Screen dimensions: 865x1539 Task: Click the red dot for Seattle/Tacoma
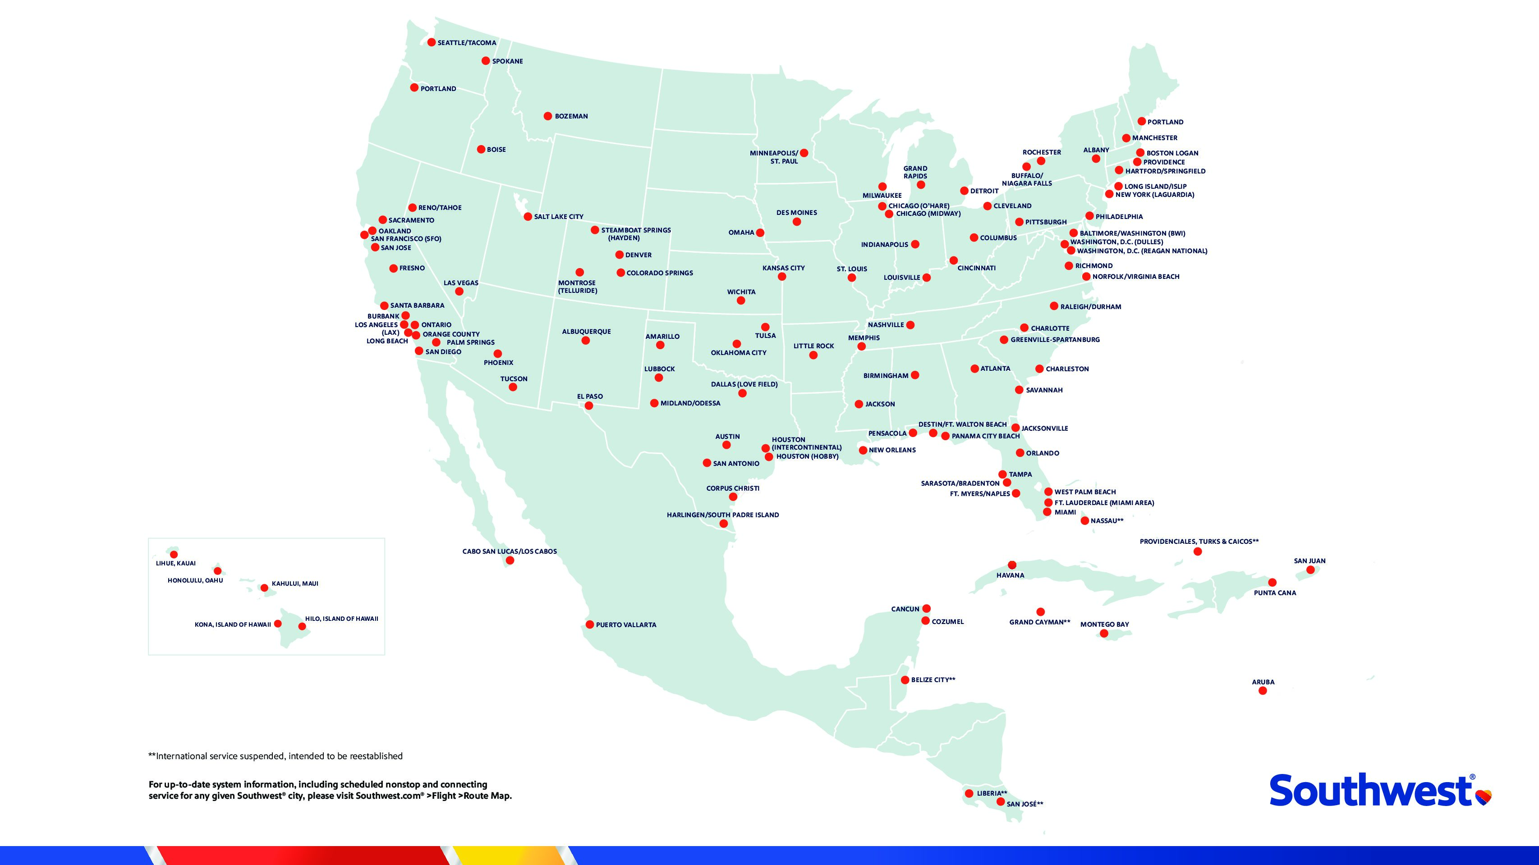pos(432,42)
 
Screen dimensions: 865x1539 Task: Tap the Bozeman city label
pos(571,116)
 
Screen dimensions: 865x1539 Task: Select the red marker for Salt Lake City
pos(528,217)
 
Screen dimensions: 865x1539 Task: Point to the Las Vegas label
pos(461,283)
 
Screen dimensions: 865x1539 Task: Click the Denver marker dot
pos(620,255)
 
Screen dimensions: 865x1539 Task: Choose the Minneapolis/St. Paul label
pos(774,157)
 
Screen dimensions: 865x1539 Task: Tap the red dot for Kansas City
pos(782,277)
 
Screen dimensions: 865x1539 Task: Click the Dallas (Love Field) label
pos(744,384)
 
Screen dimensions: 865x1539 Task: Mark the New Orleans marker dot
pos(863,450)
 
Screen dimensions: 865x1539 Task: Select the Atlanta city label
pos(995,369)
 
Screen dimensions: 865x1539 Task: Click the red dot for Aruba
pos(1263,691)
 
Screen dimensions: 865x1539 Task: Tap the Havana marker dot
pos(1012,565)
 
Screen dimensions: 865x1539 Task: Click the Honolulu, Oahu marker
pos(217,571)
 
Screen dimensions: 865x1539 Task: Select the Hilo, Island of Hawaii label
pos(341,619)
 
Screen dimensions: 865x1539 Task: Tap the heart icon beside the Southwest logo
pos(1484,797)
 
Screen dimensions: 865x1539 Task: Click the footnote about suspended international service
pos(276,756)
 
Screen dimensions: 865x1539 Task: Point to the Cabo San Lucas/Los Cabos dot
pos(510,560)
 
